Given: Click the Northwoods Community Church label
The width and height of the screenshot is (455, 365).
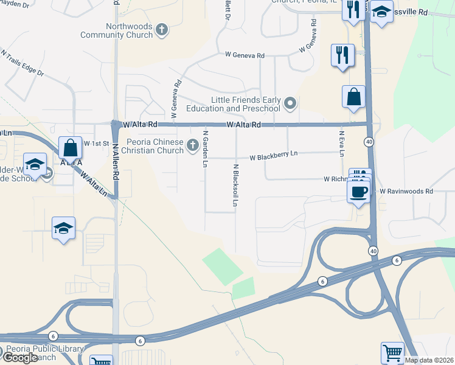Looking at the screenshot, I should tap(129, 30).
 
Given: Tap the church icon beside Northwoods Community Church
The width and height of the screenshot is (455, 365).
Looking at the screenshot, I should tap(162, 29).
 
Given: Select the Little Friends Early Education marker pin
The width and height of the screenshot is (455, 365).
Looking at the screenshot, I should tap(290, 103).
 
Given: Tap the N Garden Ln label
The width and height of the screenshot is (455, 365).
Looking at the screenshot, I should tap(206, 149).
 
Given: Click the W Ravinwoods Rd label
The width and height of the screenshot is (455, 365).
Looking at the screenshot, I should tap(406, 191).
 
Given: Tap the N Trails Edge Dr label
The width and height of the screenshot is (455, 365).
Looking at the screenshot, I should tap(23, 63).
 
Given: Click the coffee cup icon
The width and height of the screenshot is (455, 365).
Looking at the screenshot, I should tap(358, 191).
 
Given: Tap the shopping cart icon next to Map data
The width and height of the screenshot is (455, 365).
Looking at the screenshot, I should tap(392, 353).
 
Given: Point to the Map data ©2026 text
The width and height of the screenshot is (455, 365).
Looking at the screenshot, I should tap(429, 360).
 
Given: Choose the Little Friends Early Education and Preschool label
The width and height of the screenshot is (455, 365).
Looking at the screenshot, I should tap(245, 104).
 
